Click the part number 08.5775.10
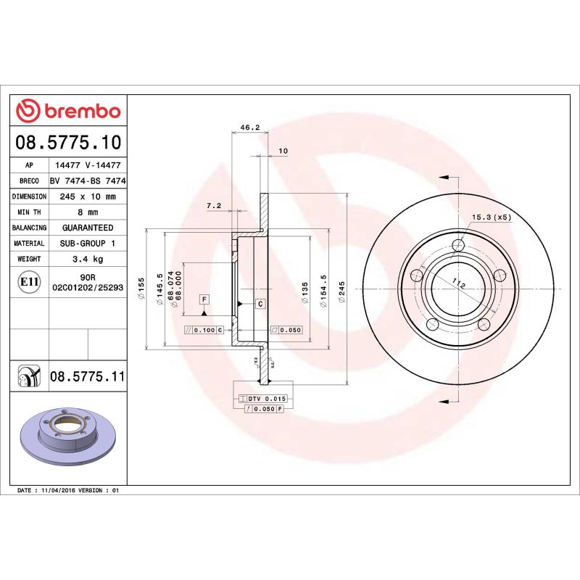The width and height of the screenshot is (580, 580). [x=69, y=142]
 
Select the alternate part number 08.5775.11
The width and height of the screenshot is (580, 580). [x=87, y=377]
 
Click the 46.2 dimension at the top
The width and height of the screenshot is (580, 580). [x=249, y=128]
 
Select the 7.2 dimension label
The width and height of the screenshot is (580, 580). [x=214, y=206]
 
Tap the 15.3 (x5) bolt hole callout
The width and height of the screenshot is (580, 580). [x=492, y=217]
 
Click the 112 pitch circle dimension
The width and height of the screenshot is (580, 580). [x=457, y=285]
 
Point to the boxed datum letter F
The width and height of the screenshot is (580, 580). [x=204, y=299]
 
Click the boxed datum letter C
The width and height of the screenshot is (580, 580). [x=260, y=303]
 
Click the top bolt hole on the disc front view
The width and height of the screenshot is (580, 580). [x=457, y=244]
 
